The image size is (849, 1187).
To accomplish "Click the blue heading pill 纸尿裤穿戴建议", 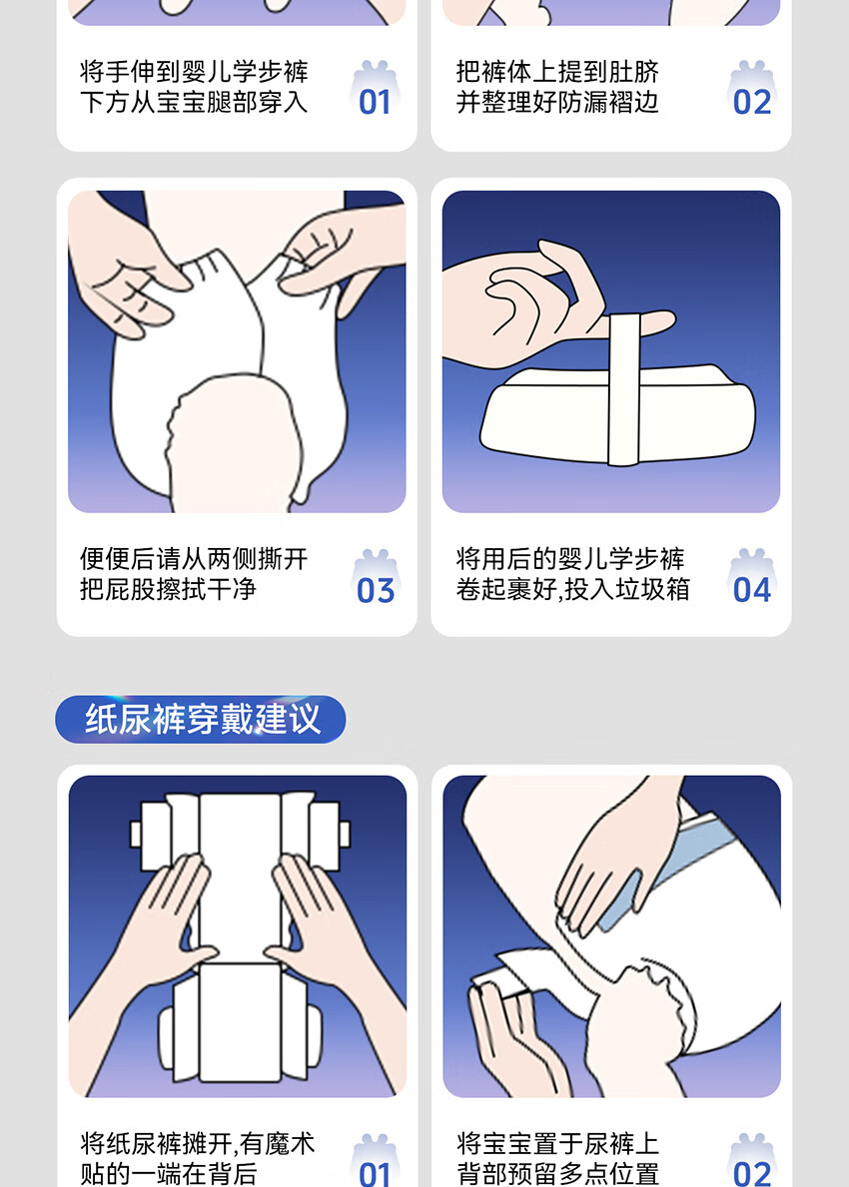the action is [x=201, y=719].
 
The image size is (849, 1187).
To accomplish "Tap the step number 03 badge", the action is [x=376, y=578].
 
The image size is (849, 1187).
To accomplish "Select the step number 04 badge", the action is [x=751, y=578].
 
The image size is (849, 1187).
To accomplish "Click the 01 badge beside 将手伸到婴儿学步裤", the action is [x=376, y=89].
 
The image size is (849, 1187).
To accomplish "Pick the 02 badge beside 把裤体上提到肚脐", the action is [x=751, y=89].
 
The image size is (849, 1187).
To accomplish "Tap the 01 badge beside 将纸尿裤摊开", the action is [x=376, y=1160].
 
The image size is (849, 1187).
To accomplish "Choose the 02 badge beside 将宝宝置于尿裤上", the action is [x=751, y=1160].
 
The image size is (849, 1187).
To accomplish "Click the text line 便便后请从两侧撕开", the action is [x=194, y=559].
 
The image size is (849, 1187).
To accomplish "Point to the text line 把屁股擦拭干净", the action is [x=168, y=589].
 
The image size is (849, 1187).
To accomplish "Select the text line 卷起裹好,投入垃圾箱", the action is [x=572, y=589].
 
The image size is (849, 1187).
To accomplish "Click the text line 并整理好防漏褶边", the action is [x=557, y=102].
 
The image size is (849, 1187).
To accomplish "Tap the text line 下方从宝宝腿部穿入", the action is [x=194, y=102].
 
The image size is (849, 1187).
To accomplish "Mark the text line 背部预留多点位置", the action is [x=557, y=1173].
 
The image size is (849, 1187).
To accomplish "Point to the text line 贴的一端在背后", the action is [x=168, y=1173].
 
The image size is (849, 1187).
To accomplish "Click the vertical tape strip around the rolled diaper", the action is [x=624, y=389].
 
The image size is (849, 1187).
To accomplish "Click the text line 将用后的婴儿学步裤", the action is [x=570, y=559].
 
